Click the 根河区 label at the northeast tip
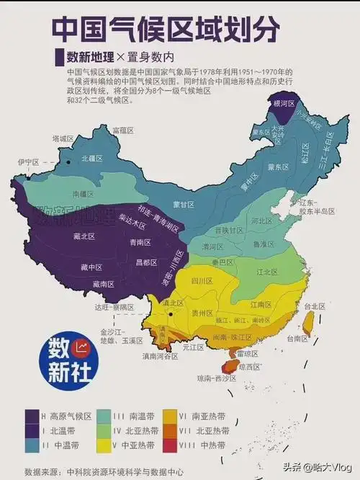(279, 104)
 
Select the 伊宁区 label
(28, 163)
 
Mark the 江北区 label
(266, 272)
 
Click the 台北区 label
(317, 306)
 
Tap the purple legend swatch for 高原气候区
(31, 416)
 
